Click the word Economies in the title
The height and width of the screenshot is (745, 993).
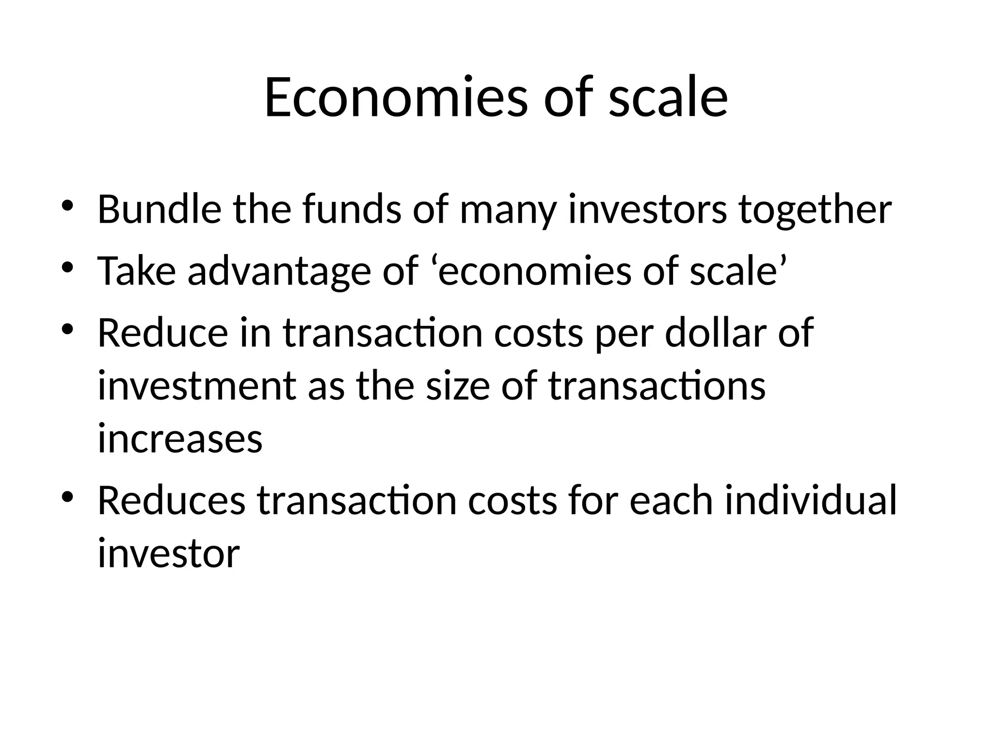395,97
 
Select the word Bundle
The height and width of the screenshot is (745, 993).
160,210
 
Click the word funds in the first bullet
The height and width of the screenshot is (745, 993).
352,210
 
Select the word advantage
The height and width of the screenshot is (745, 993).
279,272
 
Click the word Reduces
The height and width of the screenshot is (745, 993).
172,501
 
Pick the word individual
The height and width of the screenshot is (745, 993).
810,501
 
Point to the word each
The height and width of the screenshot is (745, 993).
671,501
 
